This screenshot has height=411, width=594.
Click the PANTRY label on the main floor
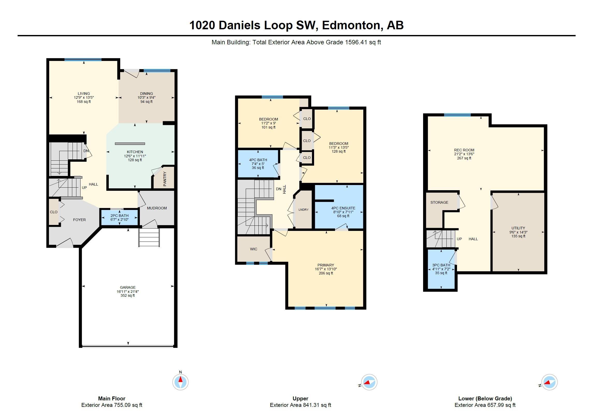(x=165, y=179)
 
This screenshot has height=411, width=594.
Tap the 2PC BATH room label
(x=119, y=216)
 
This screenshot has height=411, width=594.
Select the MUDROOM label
(x=157, y=208)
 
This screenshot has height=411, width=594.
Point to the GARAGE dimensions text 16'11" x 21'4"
(x=128, y=292)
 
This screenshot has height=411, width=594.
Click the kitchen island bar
(x=130, y=144)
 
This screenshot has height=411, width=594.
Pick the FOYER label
(x=79, y=220)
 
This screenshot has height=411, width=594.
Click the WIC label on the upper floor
(x=254, y=249)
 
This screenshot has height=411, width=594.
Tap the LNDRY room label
(x=303, y=210)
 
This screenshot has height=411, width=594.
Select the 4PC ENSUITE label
(x=343, y=208)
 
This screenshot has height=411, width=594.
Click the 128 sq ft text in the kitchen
(x=135, y=160)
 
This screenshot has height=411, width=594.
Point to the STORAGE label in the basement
(x=439, y=202)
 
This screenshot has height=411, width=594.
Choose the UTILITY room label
(x=518, y=228)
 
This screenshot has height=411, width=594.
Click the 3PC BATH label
(x=441, y=265)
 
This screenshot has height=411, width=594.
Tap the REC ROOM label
(x=464, y=150)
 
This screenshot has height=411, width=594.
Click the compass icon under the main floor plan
(x=180, y=382)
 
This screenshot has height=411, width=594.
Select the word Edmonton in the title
(x=351, y=25)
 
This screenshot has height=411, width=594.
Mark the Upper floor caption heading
(x=300, y=399)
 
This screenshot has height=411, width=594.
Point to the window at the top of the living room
(x=83, y=60)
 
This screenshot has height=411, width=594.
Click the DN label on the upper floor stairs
(x=279, y=189)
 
